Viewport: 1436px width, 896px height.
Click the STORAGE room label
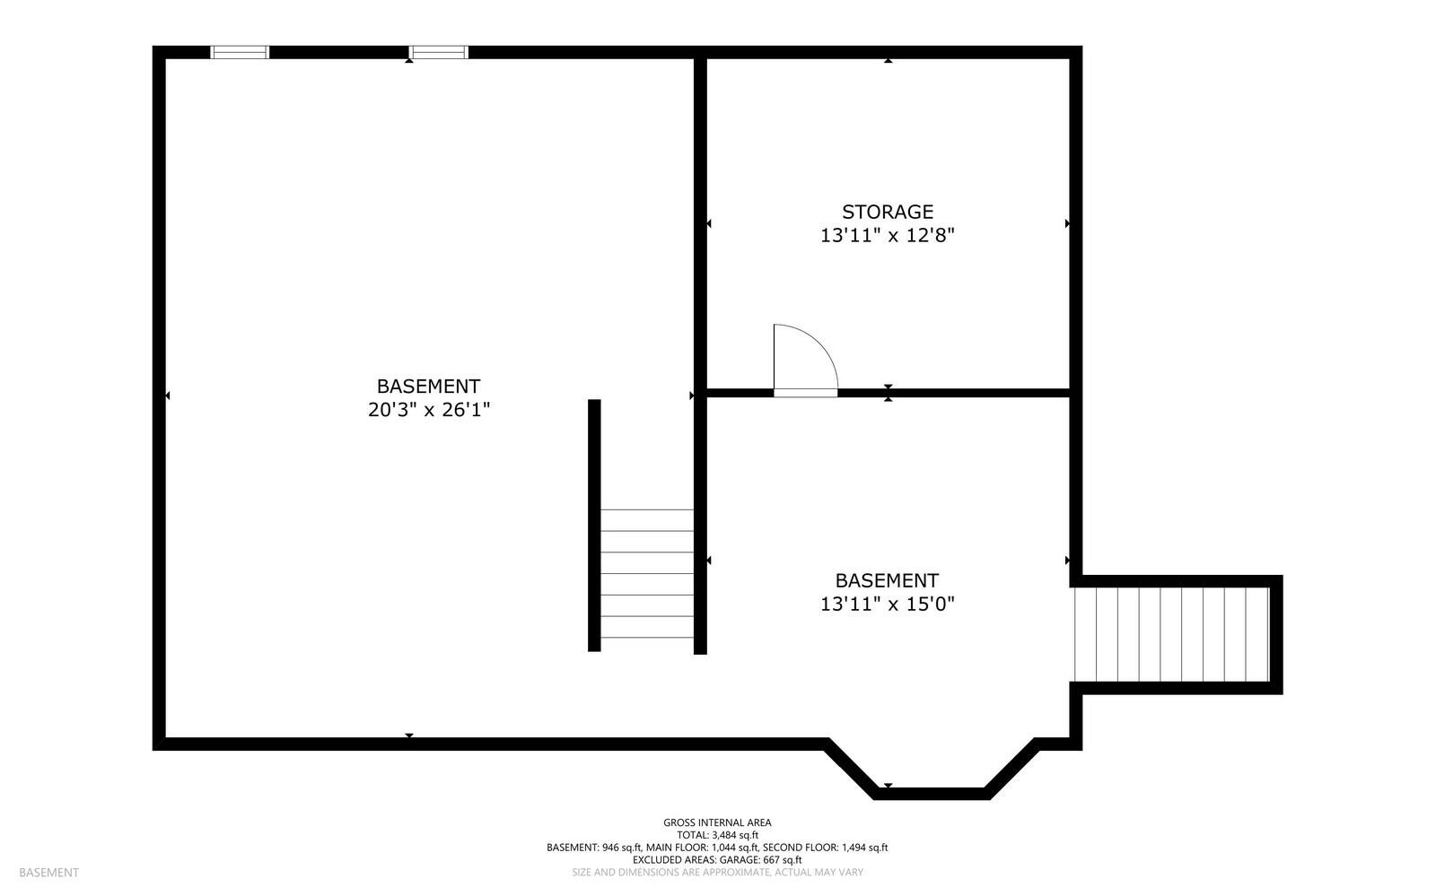[x=887, y=212]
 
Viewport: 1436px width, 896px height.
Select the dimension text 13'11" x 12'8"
[x=887, y=236]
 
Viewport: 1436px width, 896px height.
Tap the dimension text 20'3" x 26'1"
[x=428, y=410]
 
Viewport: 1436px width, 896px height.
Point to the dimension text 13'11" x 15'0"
[x=887, y=604]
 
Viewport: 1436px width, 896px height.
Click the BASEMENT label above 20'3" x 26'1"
[x=428, y=386]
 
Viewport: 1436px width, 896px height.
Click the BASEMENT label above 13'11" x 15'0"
[x=887, y=580]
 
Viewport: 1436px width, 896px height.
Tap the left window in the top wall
[x=240, y=52]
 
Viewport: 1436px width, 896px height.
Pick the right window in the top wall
[x=439, y=52]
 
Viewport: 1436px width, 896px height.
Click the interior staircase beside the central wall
[x=646, y=574]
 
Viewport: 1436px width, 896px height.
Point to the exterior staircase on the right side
[x=1171, y=634]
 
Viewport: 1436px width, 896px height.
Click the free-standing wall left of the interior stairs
[x=594, y=525]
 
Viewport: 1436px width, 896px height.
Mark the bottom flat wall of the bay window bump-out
[x=931, y=794]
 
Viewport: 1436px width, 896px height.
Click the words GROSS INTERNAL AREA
[x=717, y=822]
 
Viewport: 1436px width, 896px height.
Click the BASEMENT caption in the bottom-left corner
[x=48, y=873]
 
